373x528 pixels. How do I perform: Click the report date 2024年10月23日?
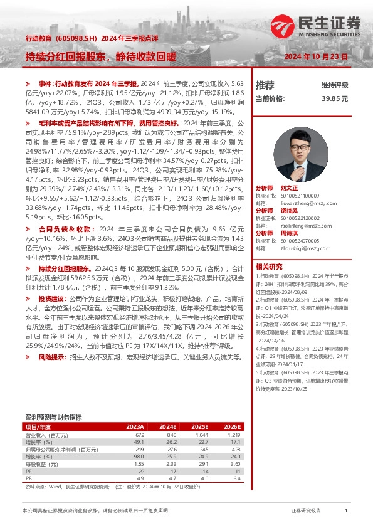point(316,56)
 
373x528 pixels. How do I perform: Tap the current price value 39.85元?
point(335,98)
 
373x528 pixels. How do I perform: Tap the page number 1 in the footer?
point(346,512)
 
